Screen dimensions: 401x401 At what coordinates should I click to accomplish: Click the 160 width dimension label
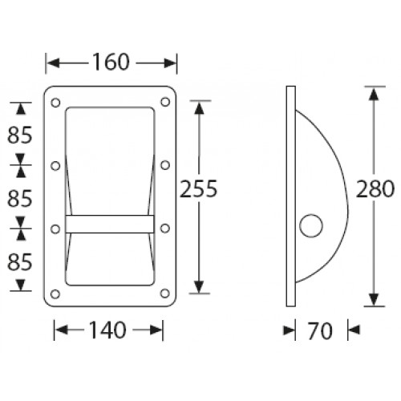click(x=111, y=62)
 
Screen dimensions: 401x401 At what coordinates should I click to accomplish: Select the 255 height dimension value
click(x=198, y=189)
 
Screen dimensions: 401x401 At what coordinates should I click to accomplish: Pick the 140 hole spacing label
click(x=109, y=329)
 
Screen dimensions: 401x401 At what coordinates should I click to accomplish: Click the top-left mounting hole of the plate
click(x=55, y=103)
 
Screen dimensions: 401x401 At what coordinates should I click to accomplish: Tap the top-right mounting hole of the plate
click(x=164, y=103)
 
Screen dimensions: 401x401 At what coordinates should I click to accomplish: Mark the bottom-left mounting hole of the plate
click(x=55, y=293)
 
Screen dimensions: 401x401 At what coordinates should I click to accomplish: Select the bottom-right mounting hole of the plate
click(x=164, y=293)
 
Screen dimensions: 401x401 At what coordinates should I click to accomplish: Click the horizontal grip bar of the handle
click(x=110, y=225)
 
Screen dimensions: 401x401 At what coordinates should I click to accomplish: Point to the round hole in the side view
click(x=310, y=228)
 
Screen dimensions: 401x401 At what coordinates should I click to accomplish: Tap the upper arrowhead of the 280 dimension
click(x=372, y=92)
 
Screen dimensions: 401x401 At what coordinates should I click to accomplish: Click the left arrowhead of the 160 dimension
click(x=51, y=62)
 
